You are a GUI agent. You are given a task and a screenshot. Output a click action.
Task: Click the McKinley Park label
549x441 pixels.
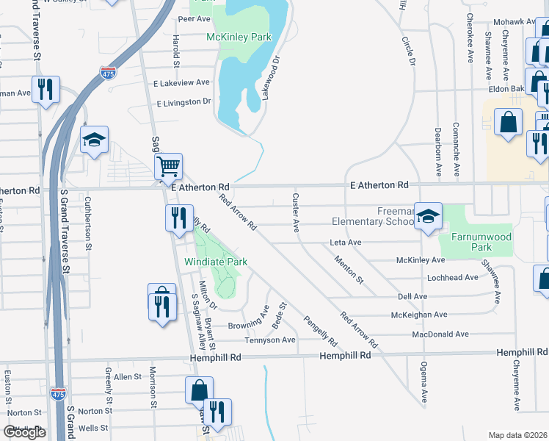click(239, 37)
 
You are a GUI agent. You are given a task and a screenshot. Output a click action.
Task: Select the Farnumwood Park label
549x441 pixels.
click(471, 243)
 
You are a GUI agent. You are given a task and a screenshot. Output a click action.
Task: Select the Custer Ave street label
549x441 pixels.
click(296, 212)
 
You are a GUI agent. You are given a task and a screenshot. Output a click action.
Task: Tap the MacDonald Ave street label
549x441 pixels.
click(440, 334)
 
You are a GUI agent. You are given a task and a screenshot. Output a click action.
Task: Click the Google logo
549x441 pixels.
click(24, 432)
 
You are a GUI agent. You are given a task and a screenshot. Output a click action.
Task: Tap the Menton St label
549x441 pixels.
click(348, 269)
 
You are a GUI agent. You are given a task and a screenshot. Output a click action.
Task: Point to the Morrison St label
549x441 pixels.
click(153, 386)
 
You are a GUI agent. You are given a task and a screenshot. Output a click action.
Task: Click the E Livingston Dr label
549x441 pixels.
click(183, 101)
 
